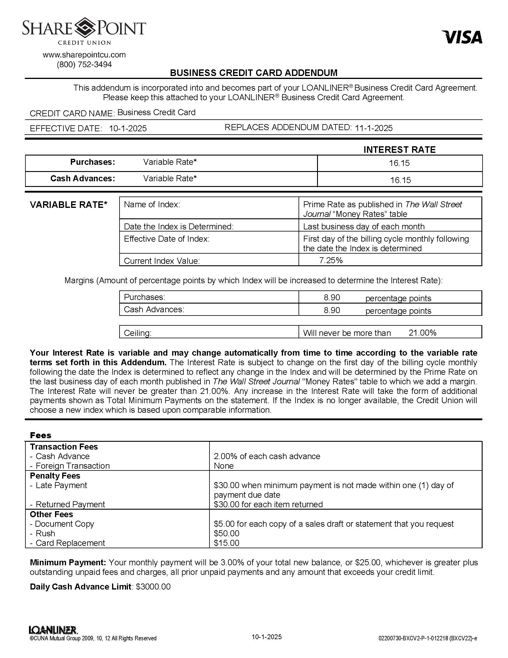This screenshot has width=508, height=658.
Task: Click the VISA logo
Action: (x=462, y=37)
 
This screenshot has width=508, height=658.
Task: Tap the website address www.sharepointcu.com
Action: (x=84, y=55)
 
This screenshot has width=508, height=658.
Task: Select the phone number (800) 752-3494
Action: (x=84, y=65)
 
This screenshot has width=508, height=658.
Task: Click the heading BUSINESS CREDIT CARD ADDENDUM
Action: (x=254, y=73)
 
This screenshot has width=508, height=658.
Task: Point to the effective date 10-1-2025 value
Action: (x=128, y=129)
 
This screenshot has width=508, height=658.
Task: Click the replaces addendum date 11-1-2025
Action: (x=374, y=128)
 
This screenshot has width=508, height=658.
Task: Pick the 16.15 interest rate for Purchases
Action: (x=399, y=163)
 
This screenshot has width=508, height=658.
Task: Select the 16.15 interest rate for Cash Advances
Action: (x=400, y=180)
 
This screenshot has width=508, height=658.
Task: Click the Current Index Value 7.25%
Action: (x=331, y=260)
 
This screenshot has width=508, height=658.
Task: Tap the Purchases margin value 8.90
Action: (x=332, y=298)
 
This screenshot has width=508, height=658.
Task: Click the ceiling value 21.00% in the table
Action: (x=422, y=333)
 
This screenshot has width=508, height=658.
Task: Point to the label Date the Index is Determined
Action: (x=178, y=227)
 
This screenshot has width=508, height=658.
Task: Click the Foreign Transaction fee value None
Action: (x=224, y=466)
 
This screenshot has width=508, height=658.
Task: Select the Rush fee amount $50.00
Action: (x=226, y=533)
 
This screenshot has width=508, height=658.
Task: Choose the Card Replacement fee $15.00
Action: (x=226, y=543)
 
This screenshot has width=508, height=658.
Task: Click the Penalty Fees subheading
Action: (x=55, y=476)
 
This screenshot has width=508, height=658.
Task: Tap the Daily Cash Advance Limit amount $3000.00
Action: (x=153, y=587)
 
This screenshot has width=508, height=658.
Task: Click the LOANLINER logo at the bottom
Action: (x=53, y=630)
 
